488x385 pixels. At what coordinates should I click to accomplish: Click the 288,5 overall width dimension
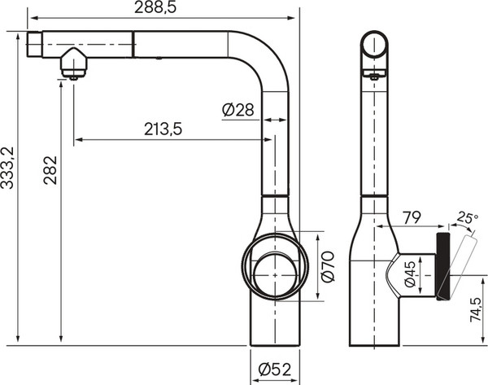pyautogui.click(x=155, y=8)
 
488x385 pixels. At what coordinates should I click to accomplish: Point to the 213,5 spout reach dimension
pyautogui.click(x=163, y=128)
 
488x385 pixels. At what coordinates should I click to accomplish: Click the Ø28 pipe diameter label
pyautogui.click(x=237, y=110)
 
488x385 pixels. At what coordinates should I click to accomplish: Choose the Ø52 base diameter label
pyautogui.click(x=275, y=370)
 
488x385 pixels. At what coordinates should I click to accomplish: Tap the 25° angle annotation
pyautogui.click(x=466, y=217)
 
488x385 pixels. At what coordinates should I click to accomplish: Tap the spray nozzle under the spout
pyautogui.click(x=73, y=65)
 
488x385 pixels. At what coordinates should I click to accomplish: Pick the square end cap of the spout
pyautogui.click(x=34, y=45)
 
